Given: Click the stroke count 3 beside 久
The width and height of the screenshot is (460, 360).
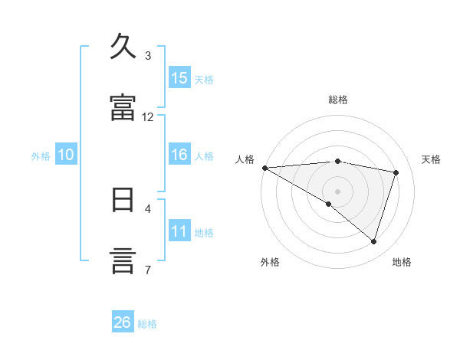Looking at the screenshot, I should [x=148, y=56].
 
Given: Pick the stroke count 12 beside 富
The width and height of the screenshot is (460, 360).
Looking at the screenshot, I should [x=148, y=116].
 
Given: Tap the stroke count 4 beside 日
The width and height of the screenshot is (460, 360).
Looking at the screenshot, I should [x=148, y=208].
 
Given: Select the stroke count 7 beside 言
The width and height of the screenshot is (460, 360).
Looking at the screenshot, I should [x=148, y=269].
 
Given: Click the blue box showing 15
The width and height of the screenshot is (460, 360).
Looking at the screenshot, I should [x=179, y=78].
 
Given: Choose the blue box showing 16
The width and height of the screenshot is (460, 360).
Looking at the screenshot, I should [x=179, y=155].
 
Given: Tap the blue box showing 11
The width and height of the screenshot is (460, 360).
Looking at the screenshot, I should [x=179, y=231].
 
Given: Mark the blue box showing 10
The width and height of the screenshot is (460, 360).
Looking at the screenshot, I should [x=66, y=155].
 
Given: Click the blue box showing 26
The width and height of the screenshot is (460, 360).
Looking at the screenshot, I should [x=123, y=322].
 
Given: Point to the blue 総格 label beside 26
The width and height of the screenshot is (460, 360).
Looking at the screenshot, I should [x=147, y=323].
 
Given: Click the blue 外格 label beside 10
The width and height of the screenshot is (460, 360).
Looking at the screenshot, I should [x=41, y=155].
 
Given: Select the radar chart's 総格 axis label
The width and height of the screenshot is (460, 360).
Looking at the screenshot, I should [x=338, y=100].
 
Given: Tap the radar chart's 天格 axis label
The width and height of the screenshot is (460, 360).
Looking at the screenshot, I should [x=432, y=159].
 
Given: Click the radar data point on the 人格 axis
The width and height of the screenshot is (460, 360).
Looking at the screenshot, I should [x=264, y=167].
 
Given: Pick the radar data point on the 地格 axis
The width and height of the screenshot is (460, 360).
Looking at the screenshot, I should [x=373, y=241].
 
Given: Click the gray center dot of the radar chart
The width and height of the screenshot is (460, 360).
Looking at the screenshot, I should [x=337, y=191].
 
